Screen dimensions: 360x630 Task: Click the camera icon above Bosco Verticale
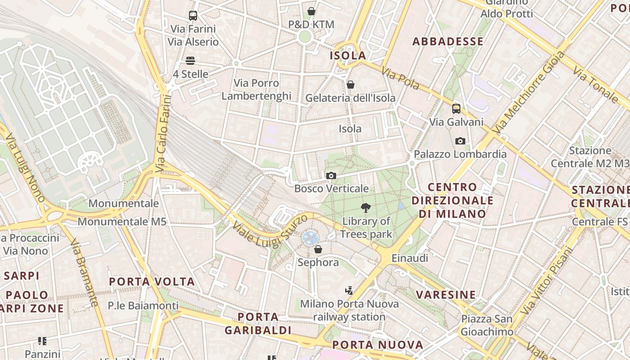coord(331,175)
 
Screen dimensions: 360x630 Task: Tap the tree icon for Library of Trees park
coord(366,208)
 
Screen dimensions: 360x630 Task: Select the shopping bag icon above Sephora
coord(318,249)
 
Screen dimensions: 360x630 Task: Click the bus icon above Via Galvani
coord(456,108)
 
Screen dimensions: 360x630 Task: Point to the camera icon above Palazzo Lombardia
coord(460,141)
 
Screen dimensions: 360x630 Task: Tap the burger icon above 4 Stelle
coord(190,61)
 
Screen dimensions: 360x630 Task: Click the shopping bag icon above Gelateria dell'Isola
coord(350,85)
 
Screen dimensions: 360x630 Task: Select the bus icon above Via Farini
coord(193,16)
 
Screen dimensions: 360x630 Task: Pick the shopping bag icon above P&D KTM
coord(311,11)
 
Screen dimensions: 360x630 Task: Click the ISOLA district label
coord(348,56)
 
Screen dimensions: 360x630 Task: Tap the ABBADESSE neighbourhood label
coord(448,41)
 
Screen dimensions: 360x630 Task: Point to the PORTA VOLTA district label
coord(152,282)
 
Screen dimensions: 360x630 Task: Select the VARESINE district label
coord(445,295)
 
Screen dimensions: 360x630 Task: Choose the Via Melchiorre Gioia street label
coord(529,92)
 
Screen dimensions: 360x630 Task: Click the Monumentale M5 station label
coord(122,221)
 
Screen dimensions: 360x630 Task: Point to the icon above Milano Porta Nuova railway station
coord(349,290)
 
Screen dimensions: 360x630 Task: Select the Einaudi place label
coord(409,258)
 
